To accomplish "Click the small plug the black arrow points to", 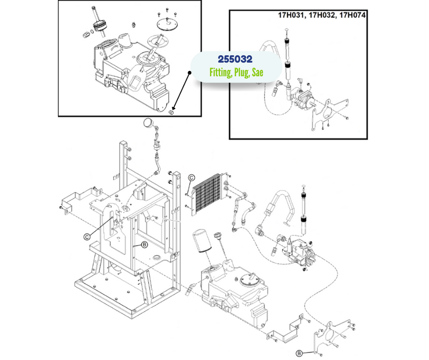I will click(172, 112).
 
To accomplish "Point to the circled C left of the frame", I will click(86, 234).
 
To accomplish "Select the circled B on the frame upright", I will click(144, 245).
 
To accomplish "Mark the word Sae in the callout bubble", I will click(258, 73).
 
